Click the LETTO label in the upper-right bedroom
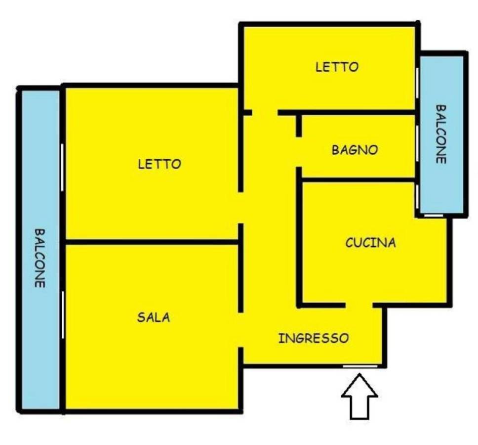click(x=337, y=67)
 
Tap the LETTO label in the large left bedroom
click(x=159, y=164)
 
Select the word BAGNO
click(x=355, y=150)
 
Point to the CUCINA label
click(x=371, y=243)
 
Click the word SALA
click(x=154, y=317)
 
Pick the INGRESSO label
click(x=314, y=338)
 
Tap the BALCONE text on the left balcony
click(x=40, y=258)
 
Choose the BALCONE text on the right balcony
click(x=441, y=134)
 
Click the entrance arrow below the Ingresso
click(x=359, y=396)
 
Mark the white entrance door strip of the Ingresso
click(x=360, y=366)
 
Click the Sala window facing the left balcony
click(x=63, y=315)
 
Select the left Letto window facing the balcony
click(x=62, y=168)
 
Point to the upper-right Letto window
click(x=417, y=83)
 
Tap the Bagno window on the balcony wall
click(x=417, y=143)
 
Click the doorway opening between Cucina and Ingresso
click(x=359, y=305)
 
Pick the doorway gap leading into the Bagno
click(x=299, y=152)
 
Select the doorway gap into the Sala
click(x=240, y=330)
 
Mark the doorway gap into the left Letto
click(x=240, y=208)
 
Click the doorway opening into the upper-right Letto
click(x=265, y=113)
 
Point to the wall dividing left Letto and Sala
click(x=152, y=242)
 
